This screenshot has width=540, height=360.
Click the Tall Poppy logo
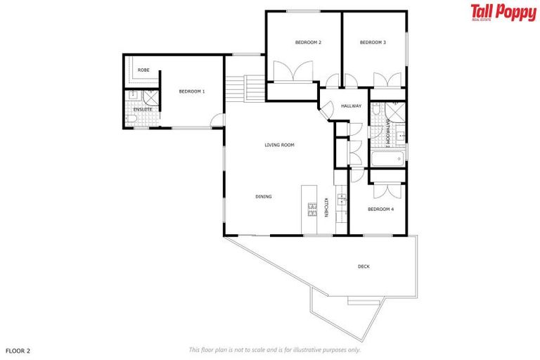pos(503,13)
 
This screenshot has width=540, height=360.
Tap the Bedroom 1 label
pos(191,91)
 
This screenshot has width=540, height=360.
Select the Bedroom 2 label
pos(308,43)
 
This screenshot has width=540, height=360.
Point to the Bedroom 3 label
pos(373,43)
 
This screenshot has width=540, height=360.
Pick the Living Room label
pos(279,146)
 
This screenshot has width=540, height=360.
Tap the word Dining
pos(264,197)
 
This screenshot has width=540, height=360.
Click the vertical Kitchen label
pos(326,208)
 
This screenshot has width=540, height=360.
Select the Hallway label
pos(351,106)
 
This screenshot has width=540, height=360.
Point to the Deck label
pos(364,266)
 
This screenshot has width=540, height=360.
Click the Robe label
pos(143,70)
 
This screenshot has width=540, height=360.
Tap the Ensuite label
pos(143,109)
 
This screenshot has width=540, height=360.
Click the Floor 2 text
pos(18,349)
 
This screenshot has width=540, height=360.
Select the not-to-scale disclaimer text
pos(275,349)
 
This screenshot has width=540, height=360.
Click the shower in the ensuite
pos(150,98)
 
